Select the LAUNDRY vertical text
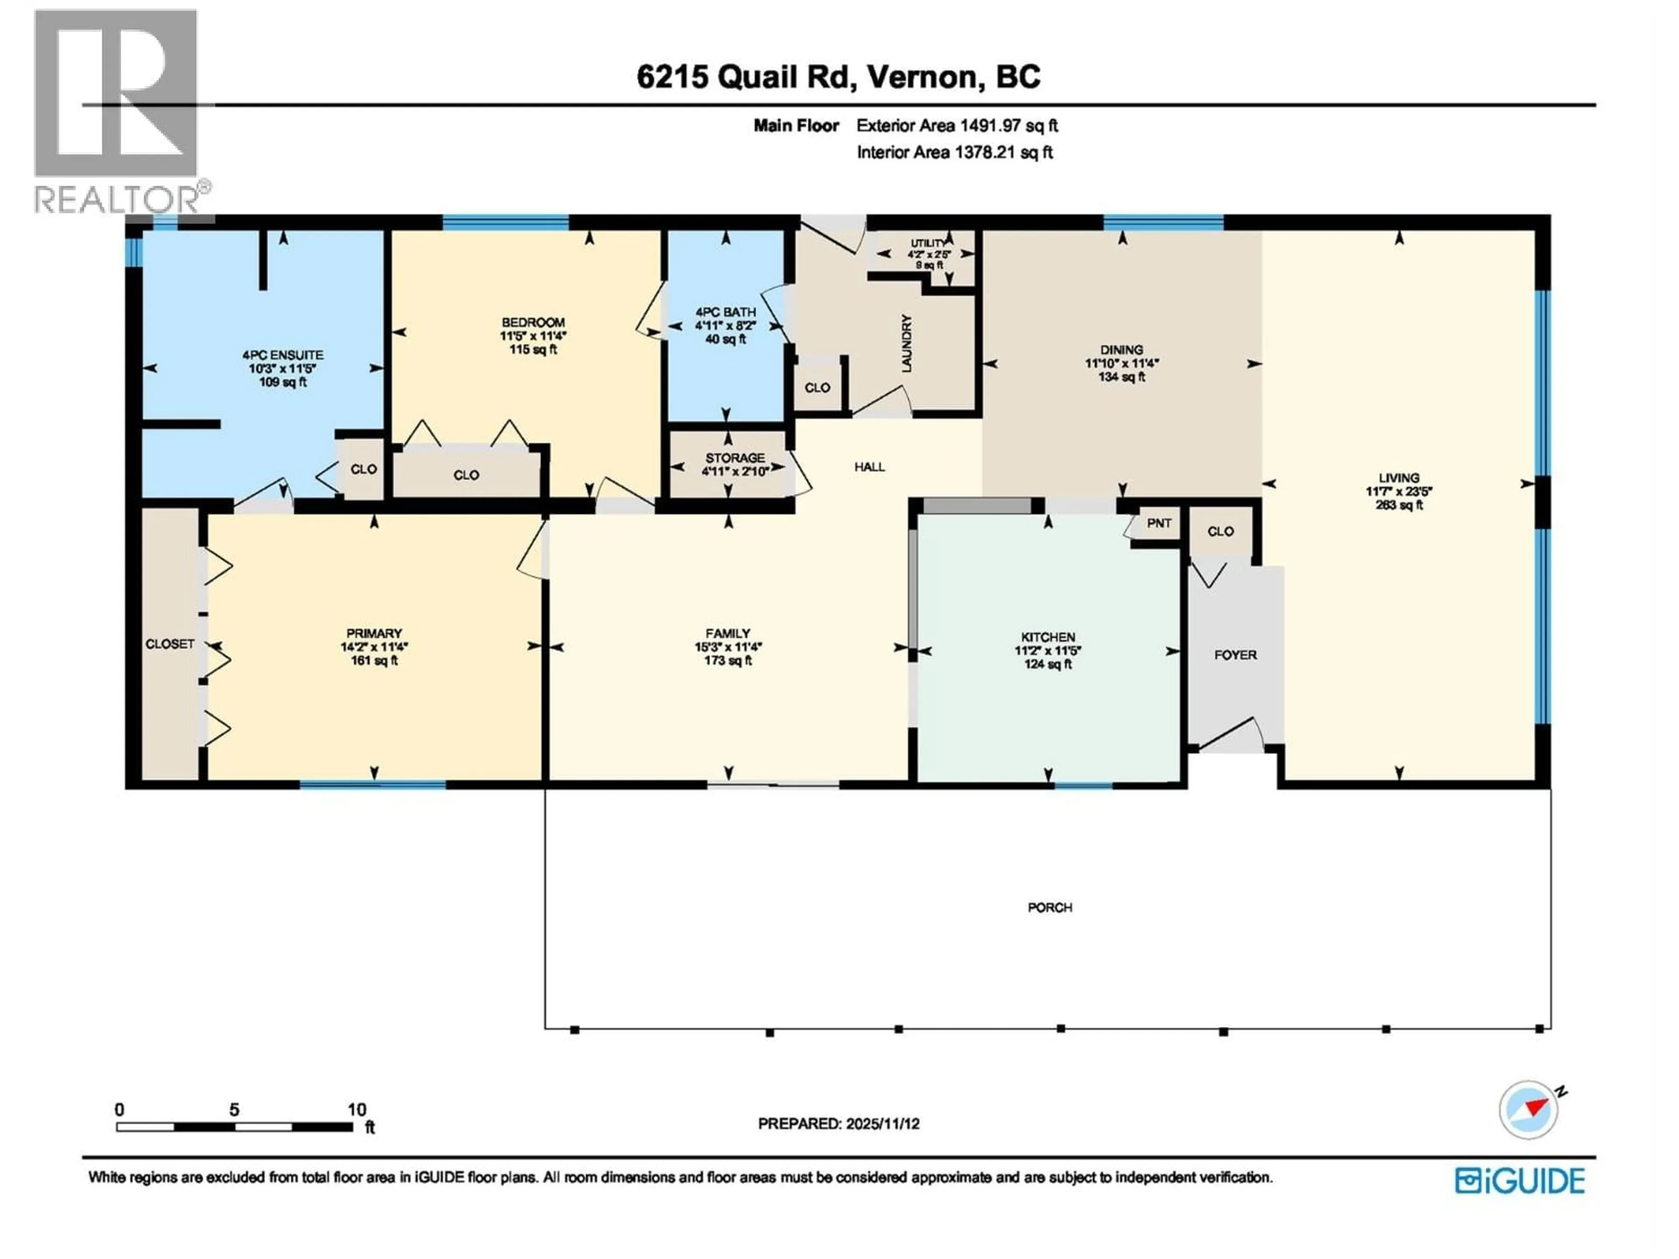(906, 344)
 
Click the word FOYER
(1235, 655)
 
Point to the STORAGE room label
(735, 458)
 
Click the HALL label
(869, 467)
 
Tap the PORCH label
(1050, 908)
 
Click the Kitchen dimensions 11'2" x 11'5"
(1048, 651)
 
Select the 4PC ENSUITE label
(282, 355)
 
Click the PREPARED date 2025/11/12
(838, 1124)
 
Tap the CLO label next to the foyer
(1220, 531)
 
